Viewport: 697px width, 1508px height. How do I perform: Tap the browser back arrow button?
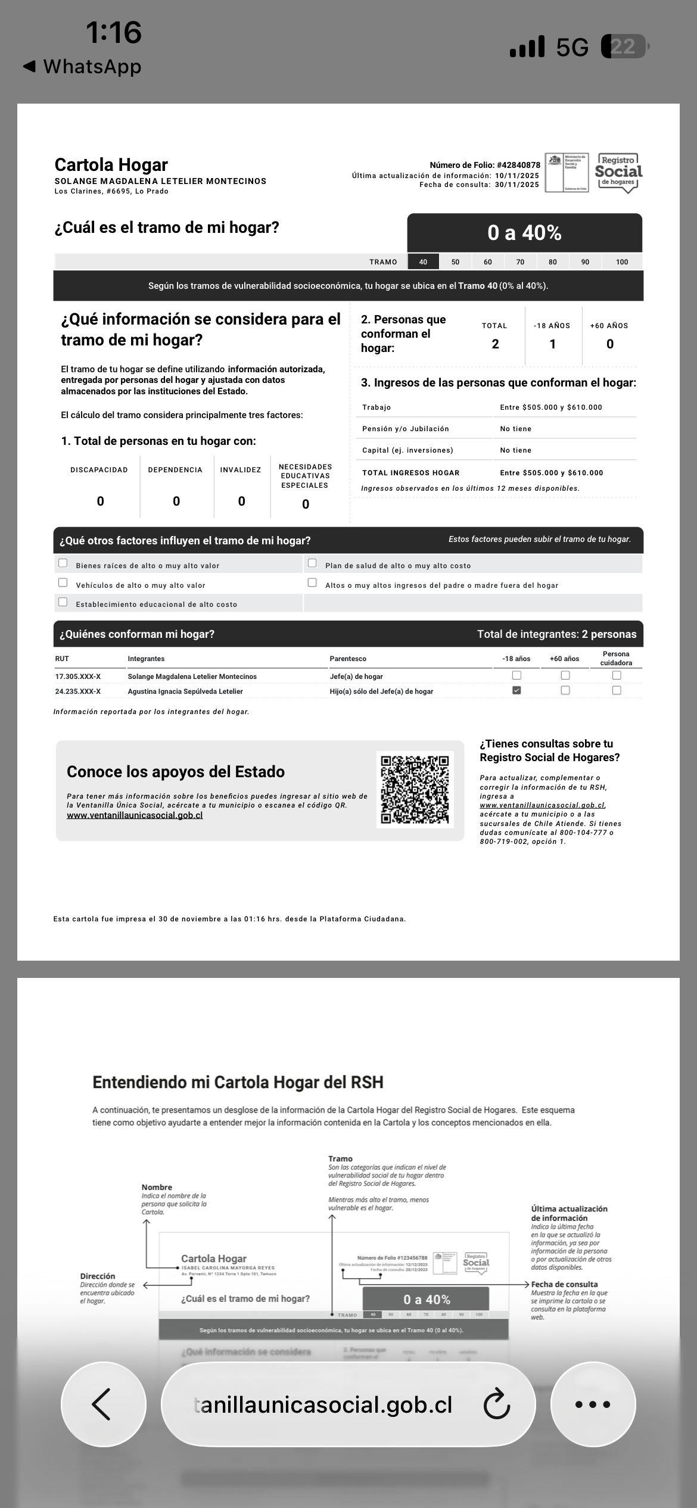coord(102,1404)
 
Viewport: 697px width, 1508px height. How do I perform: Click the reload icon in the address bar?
coord(496,1404)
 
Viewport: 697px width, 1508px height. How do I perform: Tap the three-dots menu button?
coord(593,1404)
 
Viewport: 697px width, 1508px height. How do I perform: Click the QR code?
coord(415,790)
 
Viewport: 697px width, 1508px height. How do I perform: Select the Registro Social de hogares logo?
coord(618,173)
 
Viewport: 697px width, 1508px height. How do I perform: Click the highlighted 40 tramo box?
coord(423,262)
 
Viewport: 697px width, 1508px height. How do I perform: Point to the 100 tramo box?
coord(622,262)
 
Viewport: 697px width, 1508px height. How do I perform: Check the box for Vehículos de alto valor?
coord(63,582)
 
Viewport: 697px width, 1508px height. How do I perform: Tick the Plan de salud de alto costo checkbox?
coord(312,563)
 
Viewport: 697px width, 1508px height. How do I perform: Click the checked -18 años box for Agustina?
coord(516,690)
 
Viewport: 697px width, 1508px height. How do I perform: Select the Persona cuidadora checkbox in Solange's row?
coord(617,675)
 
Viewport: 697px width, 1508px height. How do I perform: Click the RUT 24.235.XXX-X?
coord(78,691)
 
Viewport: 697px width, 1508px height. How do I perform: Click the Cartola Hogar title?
coord(111,164)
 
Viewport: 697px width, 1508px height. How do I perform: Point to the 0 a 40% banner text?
coord(524,233)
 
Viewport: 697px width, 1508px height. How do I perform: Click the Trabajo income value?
coord(551,407)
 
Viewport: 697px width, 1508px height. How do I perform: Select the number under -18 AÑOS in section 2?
coord(552,344)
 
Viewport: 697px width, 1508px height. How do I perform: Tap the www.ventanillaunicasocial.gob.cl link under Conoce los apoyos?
coord(135,815)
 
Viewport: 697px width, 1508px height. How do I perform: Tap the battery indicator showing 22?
coord(624,46)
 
